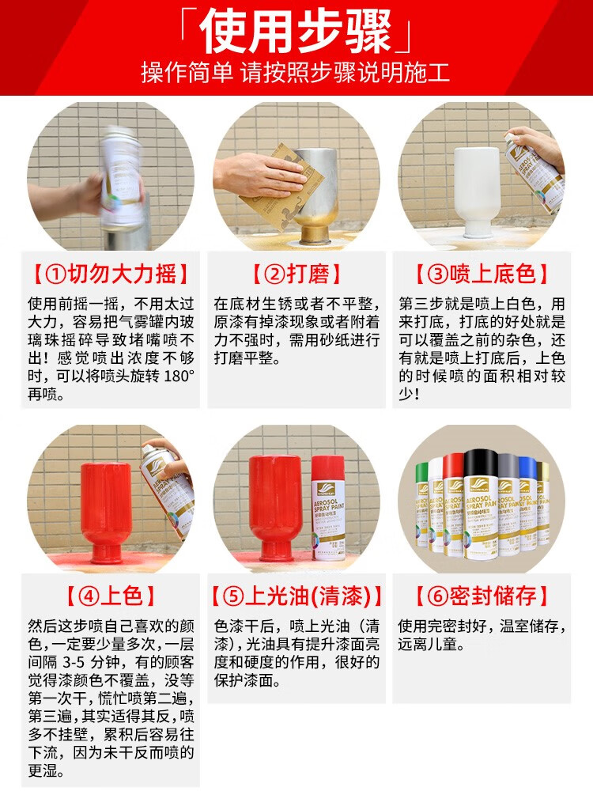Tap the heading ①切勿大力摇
click(111, 274)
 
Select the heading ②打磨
click(296, 274)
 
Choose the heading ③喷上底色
click(482, 274)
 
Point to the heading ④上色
click(111, 596)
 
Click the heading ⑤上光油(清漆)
click(296, 596)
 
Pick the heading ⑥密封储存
click(482, 596)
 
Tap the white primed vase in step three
click(476, 190)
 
